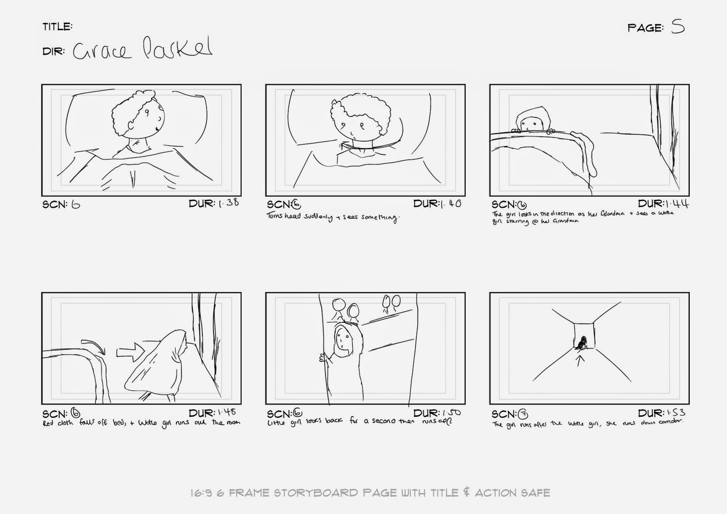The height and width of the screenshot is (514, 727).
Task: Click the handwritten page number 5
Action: [x=678, y=27]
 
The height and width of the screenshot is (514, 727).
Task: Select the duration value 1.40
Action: [x=451, y=204]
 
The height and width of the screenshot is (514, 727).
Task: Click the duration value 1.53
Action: [x=675, y=413]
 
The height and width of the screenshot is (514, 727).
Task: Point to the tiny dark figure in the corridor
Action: [x=582, y=343]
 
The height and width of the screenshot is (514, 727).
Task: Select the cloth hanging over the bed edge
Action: [x=587, y=150]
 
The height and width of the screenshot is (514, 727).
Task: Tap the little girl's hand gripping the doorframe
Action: [x=324, y=357]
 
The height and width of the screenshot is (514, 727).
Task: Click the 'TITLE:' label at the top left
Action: [x=57, y=27]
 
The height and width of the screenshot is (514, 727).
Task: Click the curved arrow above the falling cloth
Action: [x=93, y=344]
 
